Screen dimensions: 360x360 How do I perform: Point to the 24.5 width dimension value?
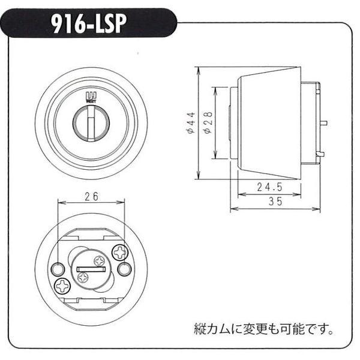coord(270,188)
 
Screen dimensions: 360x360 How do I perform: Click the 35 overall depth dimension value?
coord(275,202)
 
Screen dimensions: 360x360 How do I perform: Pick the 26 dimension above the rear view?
coord(91,196)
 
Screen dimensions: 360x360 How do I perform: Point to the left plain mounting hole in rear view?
coord(58,268)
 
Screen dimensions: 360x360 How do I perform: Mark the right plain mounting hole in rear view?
coord(124,269)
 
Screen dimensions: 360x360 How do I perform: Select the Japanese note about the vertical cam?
coord(263,329)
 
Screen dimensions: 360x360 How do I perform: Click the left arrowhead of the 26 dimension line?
coord(59,203)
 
